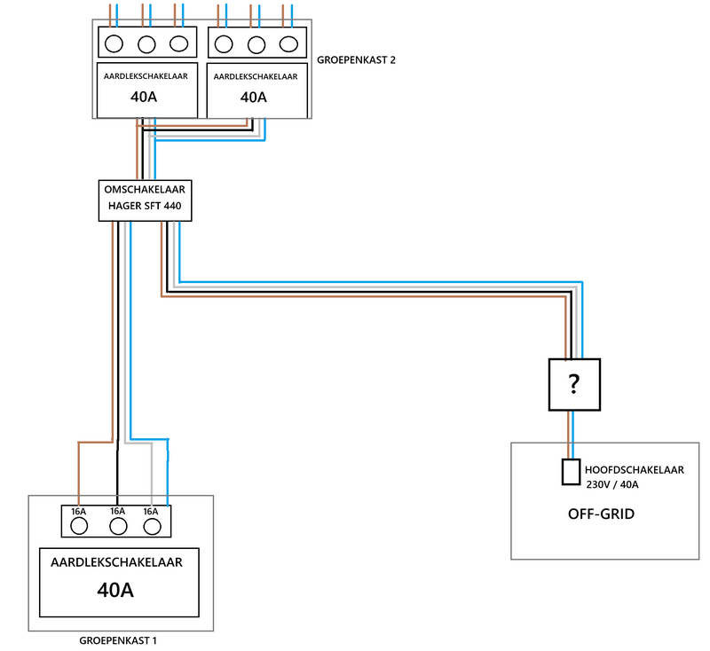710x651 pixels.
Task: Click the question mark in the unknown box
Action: (x=574, y=385)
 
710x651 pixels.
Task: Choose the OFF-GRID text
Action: (x=601, y=514)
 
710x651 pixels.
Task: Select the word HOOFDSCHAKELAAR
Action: (x=634, y=469)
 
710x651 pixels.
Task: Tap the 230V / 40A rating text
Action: (x=612, y=484)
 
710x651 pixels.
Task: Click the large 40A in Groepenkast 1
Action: (x=115, y=589)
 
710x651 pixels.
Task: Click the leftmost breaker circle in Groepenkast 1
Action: (x=79, y=526)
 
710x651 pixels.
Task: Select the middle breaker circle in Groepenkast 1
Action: (x=117, y=526)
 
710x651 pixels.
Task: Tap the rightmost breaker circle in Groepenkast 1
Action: (x=151, y=526)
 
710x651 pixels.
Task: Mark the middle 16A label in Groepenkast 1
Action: (x=117, y=512)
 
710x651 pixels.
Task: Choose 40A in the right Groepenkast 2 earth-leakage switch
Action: (x=254, y=98)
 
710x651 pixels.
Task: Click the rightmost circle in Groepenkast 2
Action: (x=288, y=43)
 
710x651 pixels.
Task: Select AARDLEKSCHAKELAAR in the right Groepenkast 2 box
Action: (x=256, y=77)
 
